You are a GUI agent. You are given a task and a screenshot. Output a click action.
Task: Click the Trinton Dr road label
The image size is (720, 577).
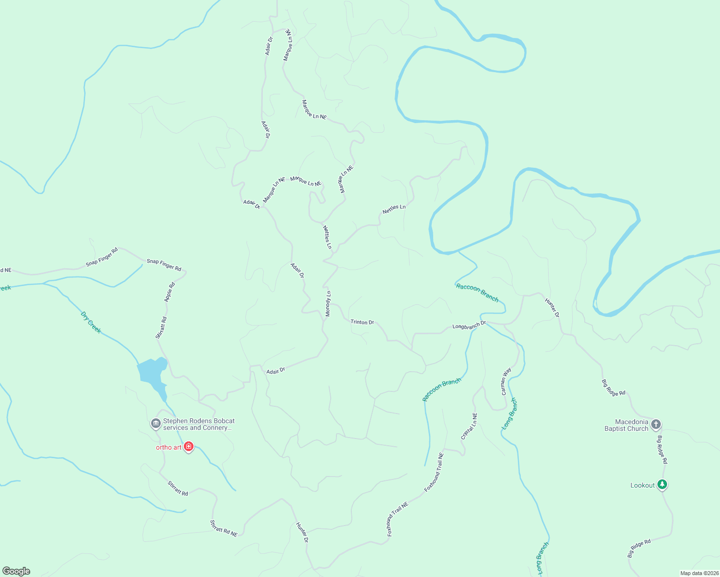click(362, 322)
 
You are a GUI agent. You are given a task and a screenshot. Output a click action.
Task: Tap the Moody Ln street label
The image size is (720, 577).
click(328, 304)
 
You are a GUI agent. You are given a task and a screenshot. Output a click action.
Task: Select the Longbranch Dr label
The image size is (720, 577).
click(469, 326)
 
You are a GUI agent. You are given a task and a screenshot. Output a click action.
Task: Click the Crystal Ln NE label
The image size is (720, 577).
click(469, 426)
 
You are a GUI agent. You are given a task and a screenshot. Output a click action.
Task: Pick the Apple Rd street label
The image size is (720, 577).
click(169, 292)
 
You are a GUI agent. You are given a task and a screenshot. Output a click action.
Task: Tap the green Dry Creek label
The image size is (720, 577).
click(91, 323)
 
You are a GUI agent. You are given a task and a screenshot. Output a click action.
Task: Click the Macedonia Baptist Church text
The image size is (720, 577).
click(626, 425)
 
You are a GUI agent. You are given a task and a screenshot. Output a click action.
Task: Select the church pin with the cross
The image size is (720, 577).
click(656, 424)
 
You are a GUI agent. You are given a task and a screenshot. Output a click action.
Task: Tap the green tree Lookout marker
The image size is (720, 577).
click(662, 484)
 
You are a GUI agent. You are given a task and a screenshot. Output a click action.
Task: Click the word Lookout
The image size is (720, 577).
click(643, 486)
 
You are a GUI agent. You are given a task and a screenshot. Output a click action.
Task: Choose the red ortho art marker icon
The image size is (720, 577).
click(189, 447)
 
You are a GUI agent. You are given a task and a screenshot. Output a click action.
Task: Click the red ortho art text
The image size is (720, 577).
click(168, 447)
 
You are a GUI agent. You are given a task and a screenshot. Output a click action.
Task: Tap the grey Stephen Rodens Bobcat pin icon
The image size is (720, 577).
click(155, 424)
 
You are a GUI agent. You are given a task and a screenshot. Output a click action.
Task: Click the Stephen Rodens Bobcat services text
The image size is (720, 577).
click(199, 424)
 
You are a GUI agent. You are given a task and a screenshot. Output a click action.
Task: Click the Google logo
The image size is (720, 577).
click(16, 571)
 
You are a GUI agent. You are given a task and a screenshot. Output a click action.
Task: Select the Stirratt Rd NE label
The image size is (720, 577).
click(224, 528)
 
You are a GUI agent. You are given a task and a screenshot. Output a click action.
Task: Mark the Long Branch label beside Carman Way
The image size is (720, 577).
click(509, 413)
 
